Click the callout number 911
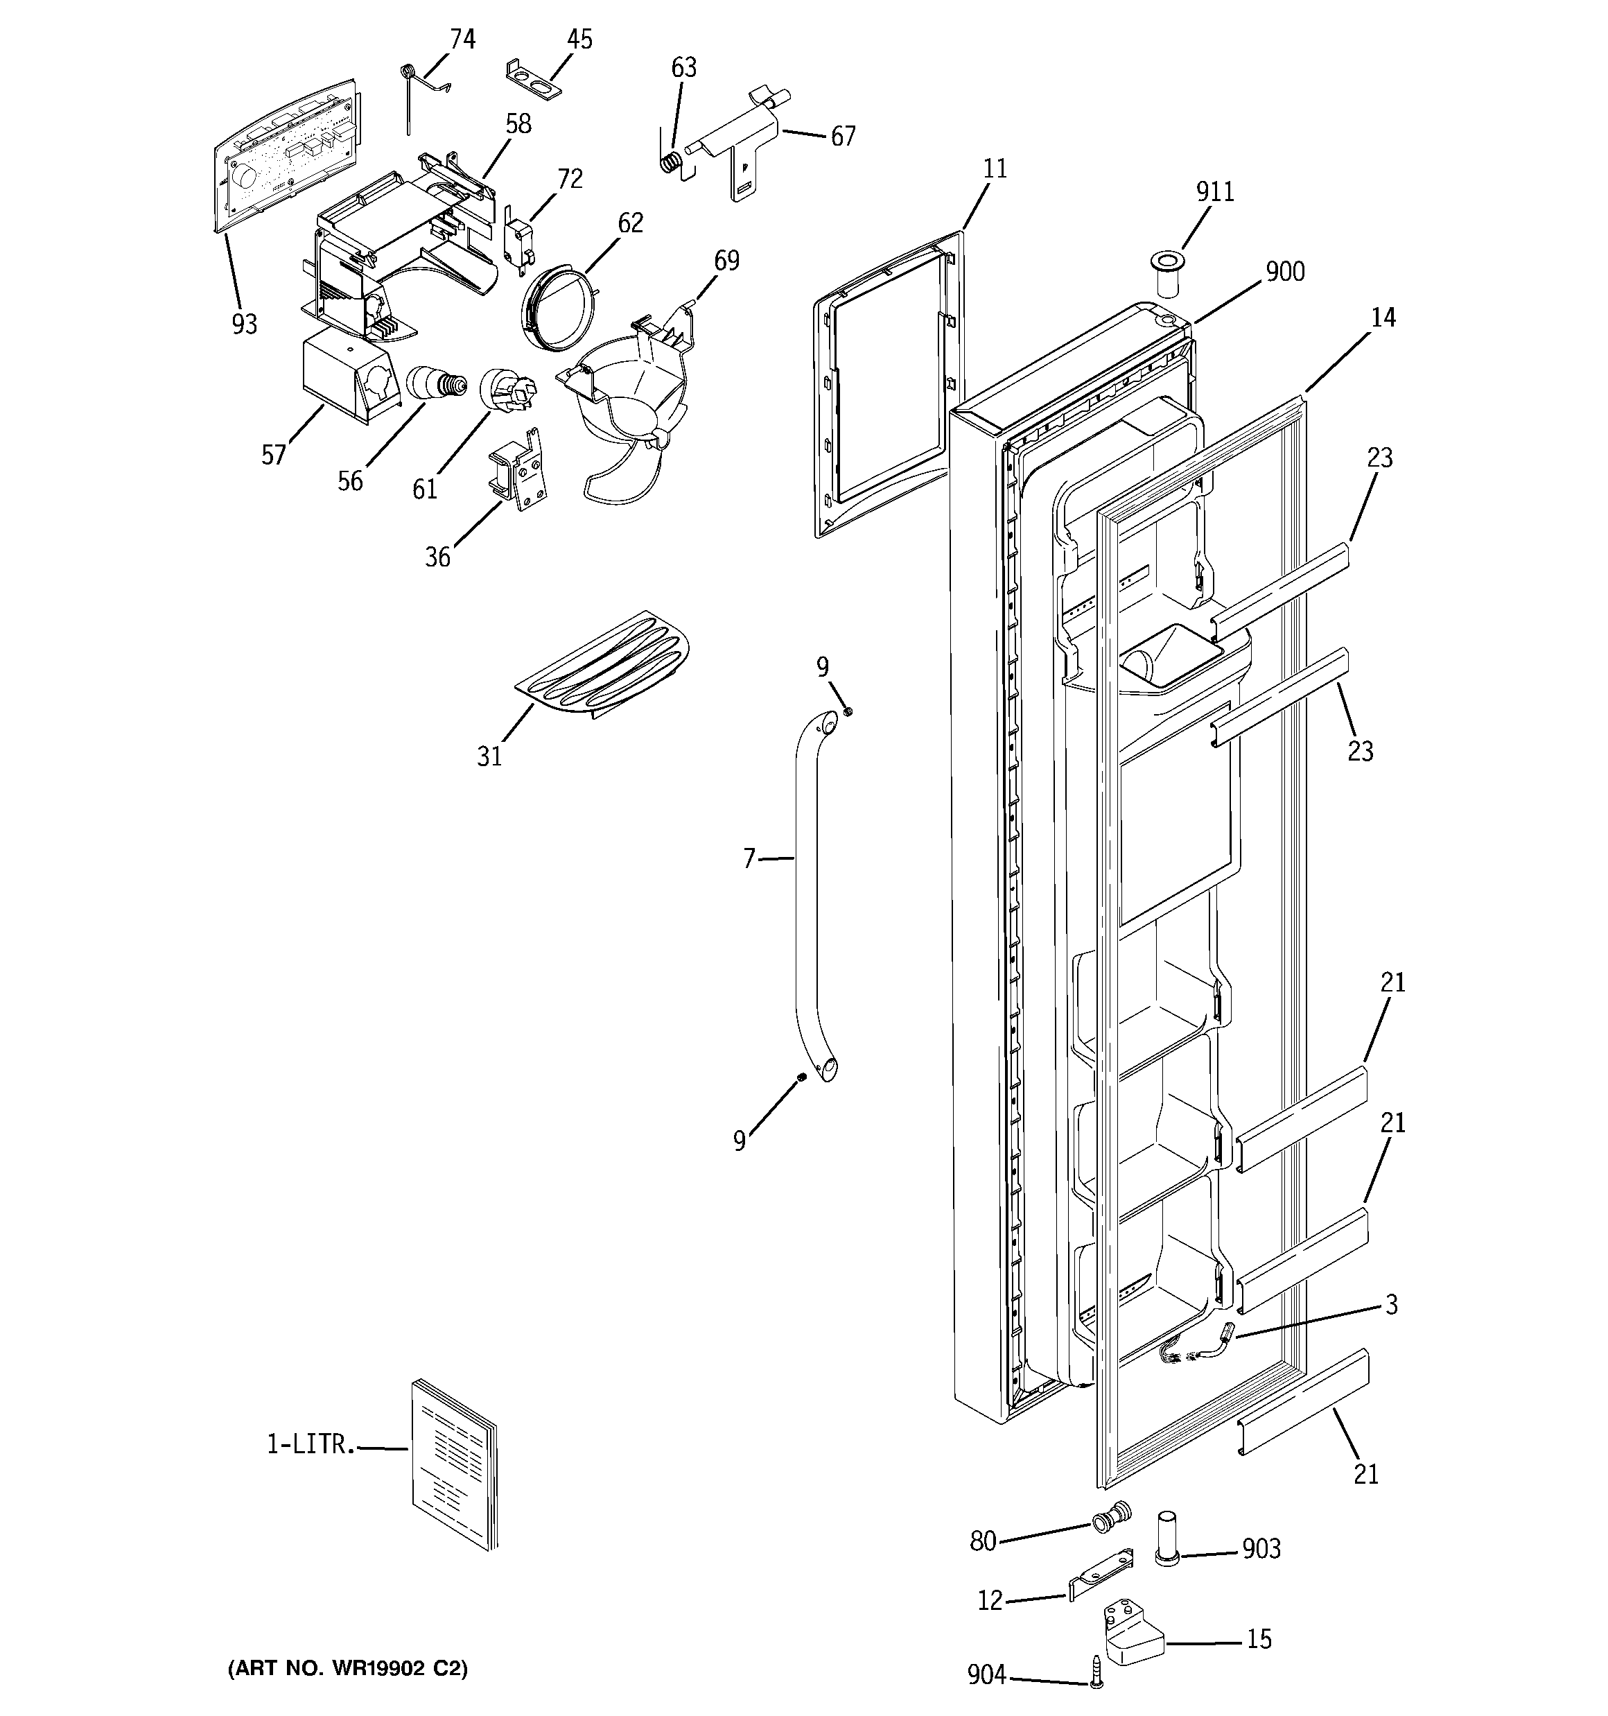pos(1214,191)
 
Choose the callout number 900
pos(1284,272)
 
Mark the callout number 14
pos(1383,318)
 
